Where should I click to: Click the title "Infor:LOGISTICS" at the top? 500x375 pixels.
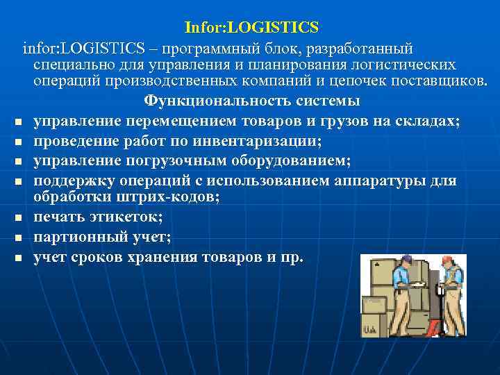251,28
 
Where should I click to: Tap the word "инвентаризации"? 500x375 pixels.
265,142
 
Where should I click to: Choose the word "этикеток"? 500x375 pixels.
128,217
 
